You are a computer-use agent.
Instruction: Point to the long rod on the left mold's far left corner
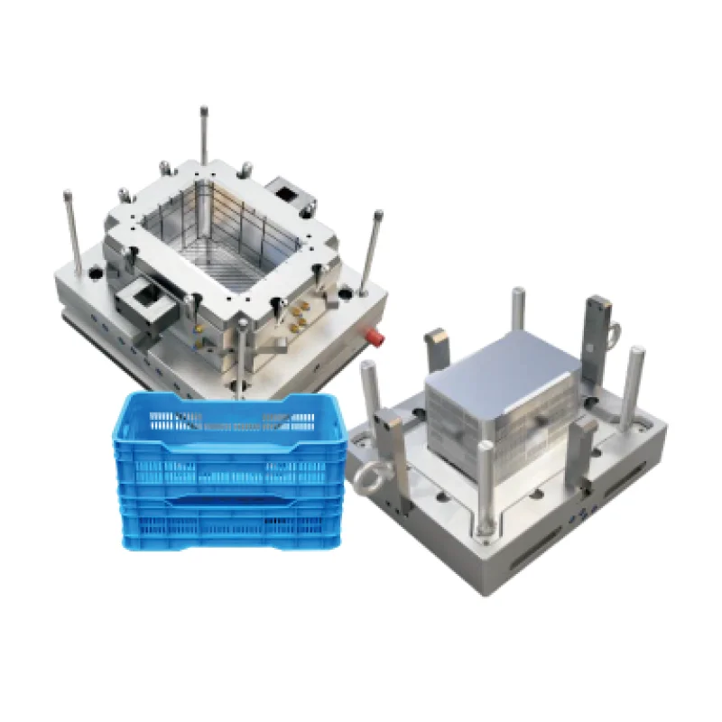pos(71,230)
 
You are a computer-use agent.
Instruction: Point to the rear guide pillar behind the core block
pos(518,311)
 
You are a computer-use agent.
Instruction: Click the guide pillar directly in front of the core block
pos(485,483)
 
